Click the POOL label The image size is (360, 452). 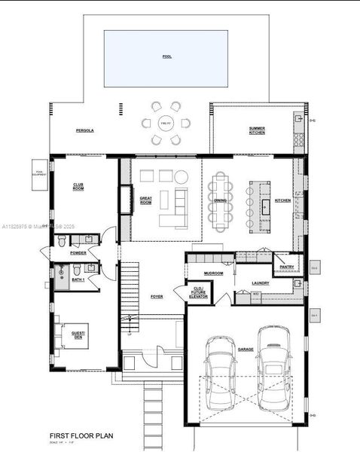[x=166, y=56]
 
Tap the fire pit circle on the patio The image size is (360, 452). [x=166, y=123]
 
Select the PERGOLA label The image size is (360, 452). [x=84, y=130]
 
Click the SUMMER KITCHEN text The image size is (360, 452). [x=257, y=130]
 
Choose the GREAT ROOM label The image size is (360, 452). [x=146, y=200]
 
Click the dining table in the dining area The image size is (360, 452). [x=219, y=200]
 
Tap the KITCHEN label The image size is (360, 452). [x=282, y=200]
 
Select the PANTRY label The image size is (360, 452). [x=286, y=267]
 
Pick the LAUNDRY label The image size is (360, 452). [x=261, y=283]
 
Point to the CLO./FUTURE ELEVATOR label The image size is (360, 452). [x=199, y=293]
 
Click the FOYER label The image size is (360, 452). [x=157, y=297]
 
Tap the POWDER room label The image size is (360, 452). [x=78, y=253]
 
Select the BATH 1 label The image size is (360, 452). [x=78, y=279]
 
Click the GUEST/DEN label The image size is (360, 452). [x=78, y=334]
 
